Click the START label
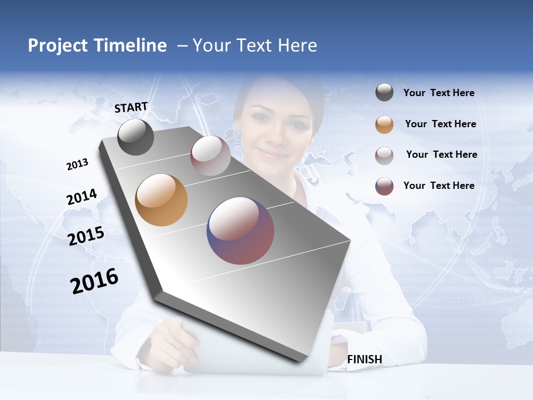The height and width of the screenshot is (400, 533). click(131, 107)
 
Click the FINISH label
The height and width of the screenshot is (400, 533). click(364, 359)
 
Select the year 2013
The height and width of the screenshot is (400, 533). click(77, 164)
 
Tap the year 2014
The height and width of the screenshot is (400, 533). click(82, 197)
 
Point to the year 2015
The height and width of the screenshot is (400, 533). click(86, 236)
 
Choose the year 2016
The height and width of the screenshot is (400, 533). click(94, 281)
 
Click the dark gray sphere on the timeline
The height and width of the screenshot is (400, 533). click(135, 137)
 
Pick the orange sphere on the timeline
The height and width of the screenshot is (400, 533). click(161, 200)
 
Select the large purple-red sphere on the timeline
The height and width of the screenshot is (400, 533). click(240, 231)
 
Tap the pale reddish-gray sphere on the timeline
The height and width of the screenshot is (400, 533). click(210, 156)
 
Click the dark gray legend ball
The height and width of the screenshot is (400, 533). click(384, 92)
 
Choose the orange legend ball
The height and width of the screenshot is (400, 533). click(384, 124)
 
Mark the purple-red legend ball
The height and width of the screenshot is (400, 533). click(384, 186)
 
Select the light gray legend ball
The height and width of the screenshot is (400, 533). click(384, 155)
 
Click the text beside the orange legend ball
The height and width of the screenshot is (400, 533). click(440, 124)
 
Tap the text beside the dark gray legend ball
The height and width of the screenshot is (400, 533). click(439, 93)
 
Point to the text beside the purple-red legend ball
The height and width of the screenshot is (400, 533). click(439, 186)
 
